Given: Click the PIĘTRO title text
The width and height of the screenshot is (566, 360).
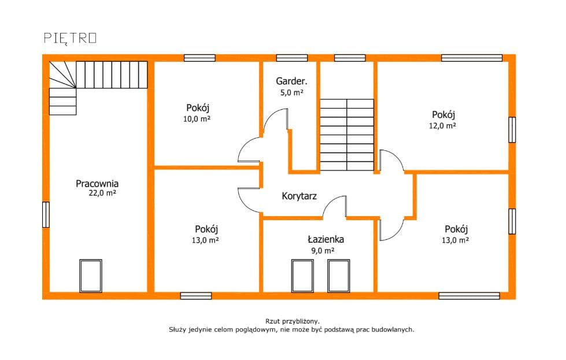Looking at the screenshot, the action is coord(71,39).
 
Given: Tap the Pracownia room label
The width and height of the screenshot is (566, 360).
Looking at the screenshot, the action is coord(97,184).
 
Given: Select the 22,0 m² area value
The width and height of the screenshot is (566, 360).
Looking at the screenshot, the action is coord(102,193).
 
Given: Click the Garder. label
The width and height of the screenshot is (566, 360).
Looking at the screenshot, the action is coord(291,81).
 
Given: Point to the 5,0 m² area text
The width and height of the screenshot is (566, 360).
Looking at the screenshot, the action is coord(291,92).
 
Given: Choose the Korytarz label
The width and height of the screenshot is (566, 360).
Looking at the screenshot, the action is coord(299,196).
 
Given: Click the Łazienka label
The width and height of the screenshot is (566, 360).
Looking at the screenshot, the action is coord(326,239).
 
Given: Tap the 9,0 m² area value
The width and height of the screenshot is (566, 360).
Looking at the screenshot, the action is coord(323,250).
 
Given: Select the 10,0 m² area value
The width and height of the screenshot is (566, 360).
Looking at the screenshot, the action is coord(197,118).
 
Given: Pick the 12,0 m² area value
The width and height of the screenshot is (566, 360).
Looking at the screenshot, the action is coord(442,125).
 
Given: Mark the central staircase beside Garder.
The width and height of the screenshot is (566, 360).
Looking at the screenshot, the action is coord(347,135).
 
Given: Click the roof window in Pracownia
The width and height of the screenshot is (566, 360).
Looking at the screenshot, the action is coord(91,276).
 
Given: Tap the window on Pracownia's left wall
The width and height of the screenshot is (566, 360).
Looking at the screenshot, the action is coord(46,214).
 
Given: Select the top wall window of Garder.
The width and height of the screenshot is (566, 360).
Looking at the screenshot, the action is coord(292,58).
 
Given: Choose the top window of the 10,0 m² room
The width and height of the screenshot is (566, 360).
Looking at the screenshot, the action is coord(199,58).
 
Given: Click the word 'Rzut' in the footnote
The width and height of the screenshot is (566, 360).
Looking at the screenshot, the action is coord(272,321).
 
